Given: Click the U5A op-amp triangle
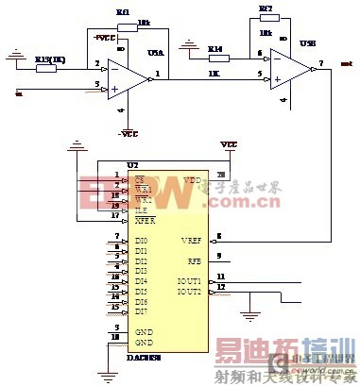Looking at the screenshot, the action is [x=127, y=76].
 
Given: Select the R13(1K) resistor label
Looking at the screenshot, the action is [x=49, y=59].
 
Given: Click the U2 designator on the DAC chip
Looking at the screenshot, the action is [x=118, y=165].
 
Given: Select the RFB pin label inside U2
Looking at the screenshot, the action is [x=194, y=260].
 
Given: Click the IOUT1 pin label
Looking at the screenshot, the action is [x=191, y=280].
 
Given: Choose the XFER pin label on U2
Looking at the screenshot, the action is [x=145, y=219].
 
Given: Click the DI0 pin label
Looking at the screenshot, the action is [x=141, y=241].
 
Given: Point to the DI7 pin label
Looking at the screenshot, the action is [x=141, y=311].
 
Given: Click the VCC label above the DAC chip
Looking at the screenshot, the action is [x=228, y=144].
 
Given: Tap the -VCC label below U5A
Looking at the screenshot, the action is [x=129, y=133].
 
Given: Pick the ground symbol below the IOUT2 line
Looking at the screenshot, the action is [x=249, y=312].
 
